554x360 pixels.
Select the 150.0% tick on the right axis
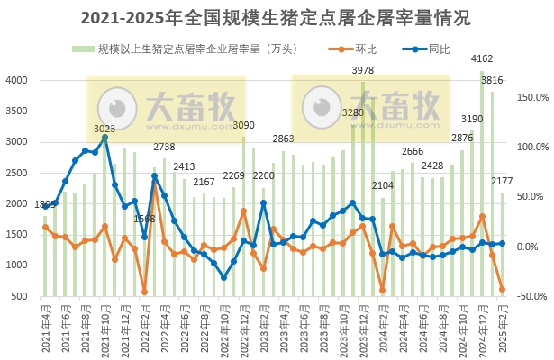tap(531, 97)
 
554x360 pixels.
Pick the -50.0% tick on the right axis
tap(531, 296)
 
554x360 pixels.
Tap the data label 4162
tap(482, 60)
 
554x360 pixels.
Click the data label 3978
tap(363, 70)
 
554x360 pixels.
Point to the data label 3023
tap(104, 130)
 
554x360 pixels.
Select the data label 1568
tap(144, 219)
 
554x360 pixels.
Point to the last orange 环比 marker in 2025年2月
tap(502, 290)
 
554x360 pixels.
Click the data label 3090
tap(244, 125)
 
